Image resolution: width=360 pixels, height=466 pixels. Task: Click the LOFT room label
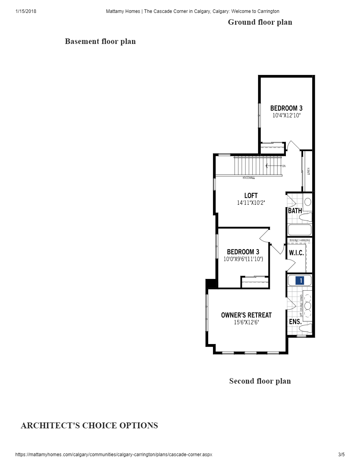click(251, 195)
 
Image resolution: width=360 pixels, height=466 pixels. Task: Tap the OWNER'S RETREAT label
click(246, 315)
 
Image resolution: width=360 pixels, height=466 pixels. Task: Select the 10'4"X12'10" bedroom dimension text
click(286, 116)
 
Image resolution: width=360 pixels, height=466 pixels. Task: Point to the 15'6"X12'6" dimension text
click(246, 322)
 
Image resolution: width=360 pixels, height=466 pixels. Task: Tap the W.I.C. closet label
click(296, 253)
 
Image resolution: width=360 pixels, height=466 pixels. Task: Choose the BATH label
click(295, 211)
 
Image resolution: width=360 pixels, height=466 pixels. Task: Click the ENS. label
click(295, 322)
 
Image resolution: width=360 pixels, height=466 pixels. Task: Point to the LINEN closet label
click(309, 171)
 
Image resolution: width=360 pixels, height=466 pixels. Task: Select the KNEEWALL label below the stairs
click(249, 178)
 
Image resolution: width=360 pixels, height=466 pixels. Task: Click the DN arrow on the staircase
click(275, 166)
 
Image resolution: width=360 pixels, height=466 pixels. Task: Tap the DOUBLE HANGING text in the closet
click(300, 240)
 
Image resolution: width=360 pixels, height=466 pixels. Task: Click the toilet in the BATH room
click(306, 217)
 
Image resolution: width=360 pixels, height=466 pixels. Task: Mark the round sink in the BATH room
click(307, 202)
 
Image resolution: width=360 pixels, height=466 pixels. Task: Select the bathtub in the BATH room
click(300, 229)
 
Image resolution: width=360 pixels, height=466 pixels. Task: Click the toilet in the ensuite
click(306, 328)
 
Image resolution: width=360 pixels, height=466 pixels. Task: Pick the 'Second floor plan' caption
click(260, 381)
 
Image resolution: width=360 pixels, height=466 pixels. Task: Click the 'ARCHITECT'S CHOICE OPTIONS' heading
click(89, 426)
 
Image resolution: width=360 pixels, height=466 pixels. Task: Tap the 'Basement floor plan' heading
click(100, 41)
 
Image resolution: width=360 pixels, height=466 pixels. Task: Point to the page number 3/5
click(341, 455)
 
